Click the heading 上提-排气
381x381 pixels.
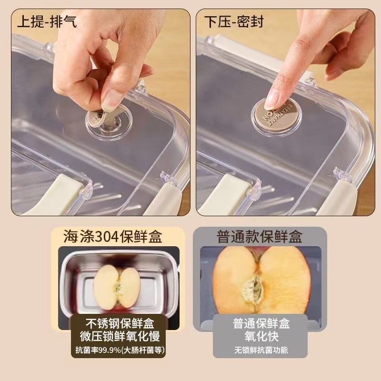point(47,21)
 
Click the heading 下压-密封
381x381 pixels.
point(234,21)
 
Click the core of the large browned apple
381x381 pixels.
point(253,291)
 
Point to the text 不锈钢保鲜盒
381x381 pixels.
point(120,323)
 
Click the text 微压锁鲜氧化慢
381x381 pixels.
point(120,336)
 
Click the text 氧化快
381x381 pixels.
point(261,337)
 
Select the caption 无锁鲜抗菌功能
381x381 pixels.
point(261,350)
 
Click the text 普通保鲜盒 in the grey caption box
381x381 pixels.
point(261,323)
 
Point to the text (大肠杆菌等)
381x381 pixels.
point(143,350)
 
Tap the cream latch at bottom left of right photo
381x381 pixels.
point(229,194)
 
